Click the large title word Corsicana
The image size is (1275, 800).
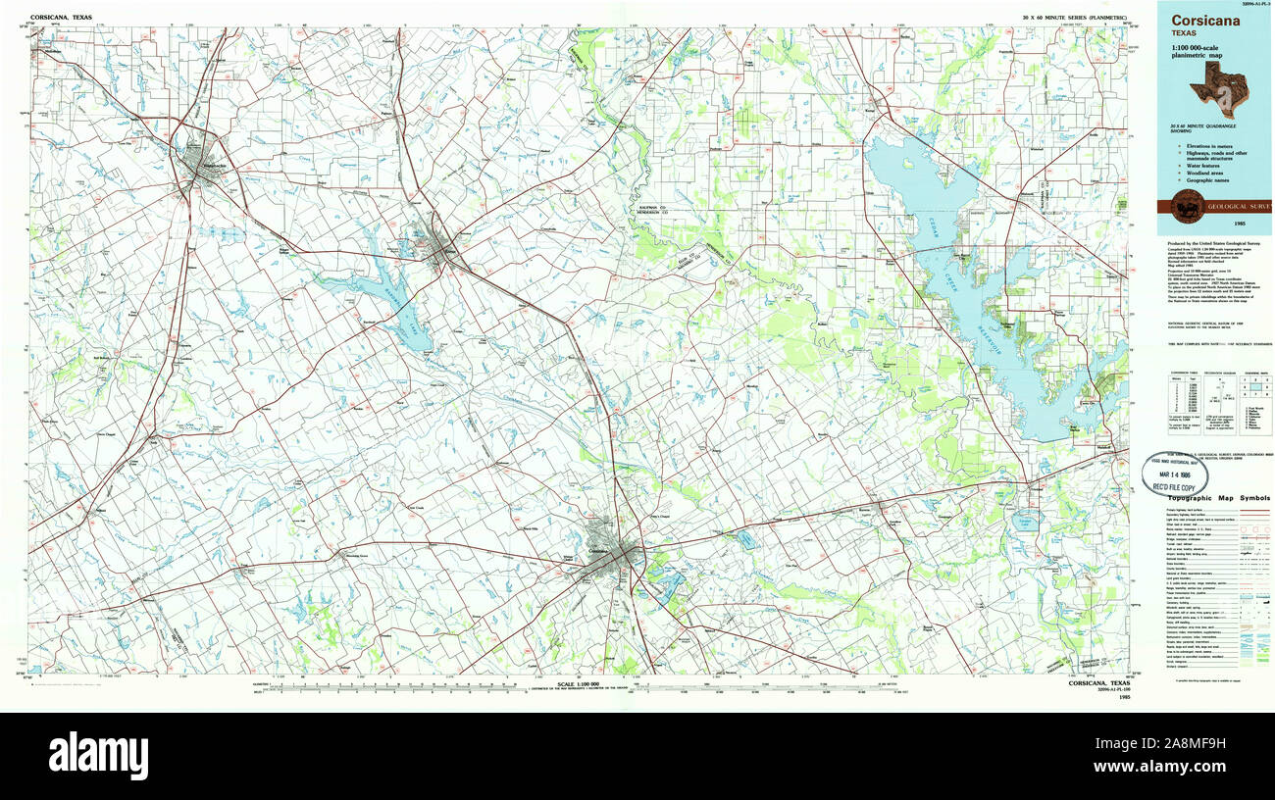[x=1204, y=22]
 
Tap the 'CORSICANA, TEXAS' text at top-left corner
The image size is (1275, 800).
[x=60, y=18]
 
